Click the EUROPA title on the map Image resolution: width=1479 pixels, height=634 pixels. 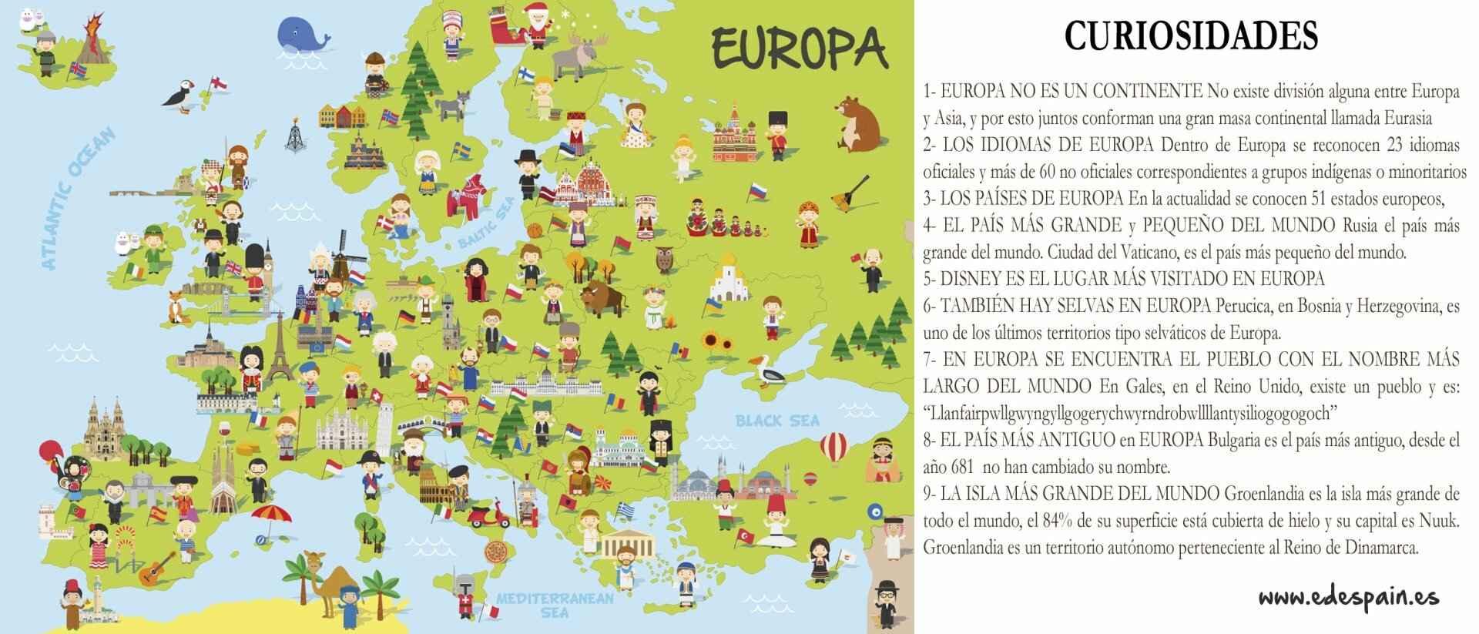coord(799,49)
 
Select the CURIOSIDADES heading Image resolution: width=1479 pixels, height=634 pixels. coord(1191,35)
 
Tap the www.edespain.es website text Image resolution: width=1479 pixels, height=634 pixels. coord(1348,597)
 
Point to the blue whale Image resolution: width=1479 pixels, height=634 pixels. coord(300,35)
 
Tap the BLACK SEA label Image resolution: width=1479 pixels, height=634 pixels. coord(776,421)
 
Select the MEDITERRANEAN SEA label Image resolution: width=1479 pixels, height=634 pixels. coord(555,605)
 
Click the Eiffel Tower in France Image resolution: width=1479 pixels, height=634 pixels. coord(279,351)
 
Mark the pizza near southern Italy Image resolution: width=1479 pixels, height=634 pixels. coord(495,552)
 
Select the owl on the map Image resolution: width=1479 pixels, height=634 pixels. coord(664,260)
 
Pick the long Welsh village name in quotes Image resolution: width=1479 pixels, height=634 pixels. coord(1129,414)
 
